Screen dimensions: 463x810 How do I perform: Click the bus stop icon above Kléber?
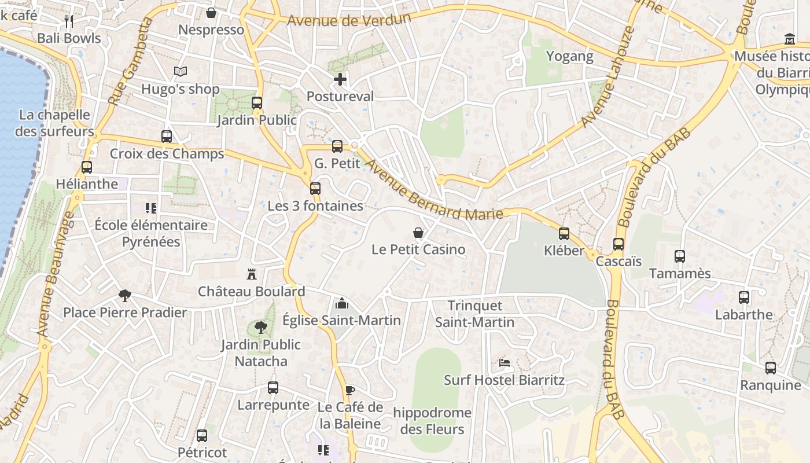(564, 234)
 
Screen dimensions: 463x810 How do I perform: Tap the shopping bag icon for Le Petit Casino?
(418, 233)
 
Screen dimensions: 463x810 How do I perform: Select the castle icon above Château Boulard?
(252, 274)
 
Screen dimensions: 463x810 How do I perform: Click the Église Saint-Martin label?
(341, 320)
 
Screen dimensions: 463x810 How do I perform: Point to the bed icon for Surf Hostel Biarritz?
(505, 363)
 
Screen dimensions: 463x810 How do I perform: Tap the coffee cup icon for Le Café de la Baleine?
(349, 390)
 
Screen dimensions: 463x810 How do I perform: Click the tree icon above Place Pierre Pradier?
(124, 296)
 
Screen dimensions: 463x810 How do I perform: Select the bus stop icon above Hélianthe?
(87, 167)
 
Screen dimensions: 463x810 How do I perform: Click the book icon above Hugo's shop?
(181, 72)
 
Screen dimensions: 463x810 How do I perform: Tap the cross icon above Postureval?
(340, 79)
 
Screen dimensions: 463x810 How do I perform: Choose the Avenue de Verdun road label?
(349, 20)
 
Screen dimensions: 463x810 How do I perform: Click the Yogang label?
(570, 56)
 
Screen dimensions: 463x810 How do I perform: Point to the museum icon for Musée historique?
(790, 39)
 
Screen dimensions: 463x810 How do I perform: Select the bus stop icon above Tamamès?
(680, 256)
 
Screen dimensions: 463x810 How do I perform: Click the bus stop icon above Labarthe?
(744, 297)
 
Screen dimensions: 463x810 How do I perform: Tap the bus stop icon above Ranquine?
(771, 368)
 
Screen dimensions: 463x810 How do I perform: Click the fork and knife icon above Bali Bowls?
(69, 21)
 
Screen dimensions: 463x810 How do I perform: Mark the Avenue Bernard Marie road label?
(434, 190)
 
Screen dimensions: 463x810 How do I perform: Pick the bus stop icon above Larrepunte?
(273, 388)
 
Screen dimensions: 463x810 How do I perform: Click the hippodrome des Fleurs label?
(432, 421)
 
